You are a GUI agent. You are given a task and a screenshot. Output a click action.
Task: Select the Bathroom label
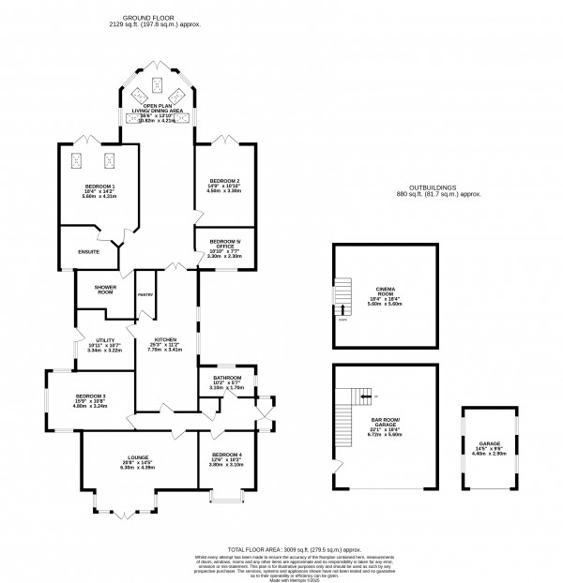point(215,381)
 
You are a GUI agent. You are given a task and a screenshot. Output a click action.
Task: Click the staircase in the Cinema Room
point(344,298)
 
